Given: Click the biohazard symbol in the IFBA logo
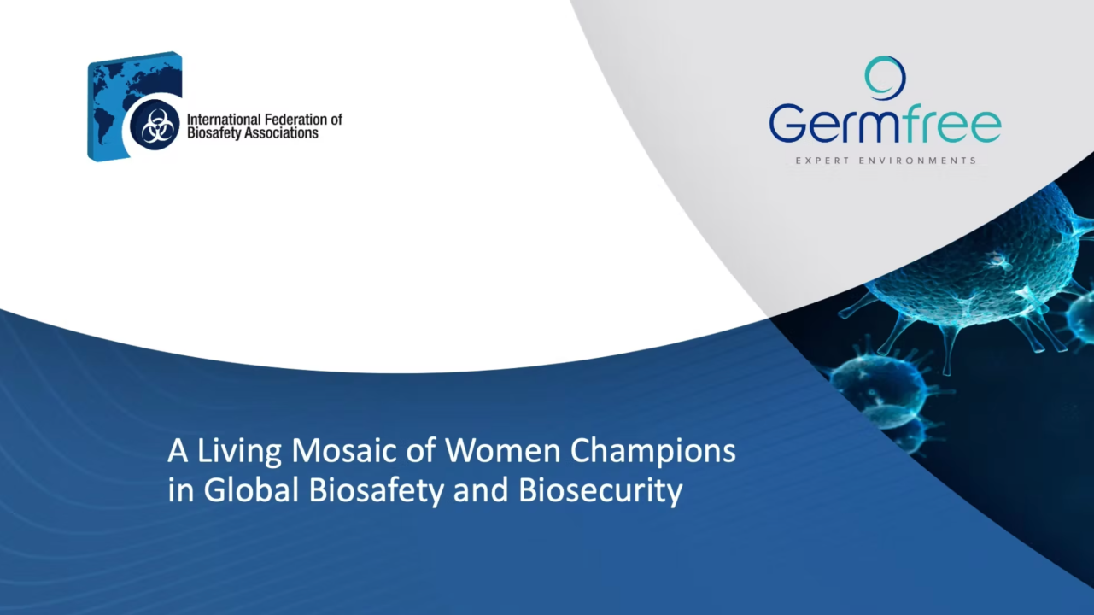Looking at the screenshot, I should point(157,127).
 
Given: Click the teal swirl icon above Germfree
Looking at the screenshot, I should point(885,78).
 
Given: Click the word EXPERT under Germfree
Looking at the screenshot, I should point(818,161).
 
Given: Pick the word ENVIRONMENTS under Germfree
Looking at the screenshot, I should point(917,161).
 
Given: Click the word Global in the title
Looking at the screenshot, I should point(249,491).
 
